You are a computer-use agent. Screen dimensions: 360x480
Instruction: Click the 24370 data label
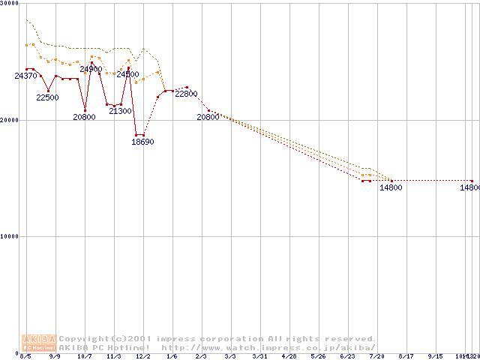click(25, 76)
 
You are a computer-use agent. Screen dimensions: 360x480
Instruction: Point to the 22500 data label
click(47, 97)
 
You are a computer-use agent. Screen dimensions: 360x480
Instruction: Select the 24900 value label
click(91, 69)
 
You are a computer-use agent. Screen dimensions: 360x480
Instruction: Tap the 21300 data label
click(120, 111)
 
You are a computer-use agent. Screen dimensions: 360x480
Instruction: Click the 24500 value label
click(127, 74)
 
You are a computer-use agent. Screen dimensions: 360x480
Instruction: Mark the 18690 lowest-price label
click(142, 141)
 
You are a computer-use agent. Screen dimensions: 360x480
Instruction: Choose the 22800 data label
click(186, 94)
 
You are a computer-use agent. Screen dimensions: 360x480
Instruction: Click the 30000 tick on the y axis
click(10, 4)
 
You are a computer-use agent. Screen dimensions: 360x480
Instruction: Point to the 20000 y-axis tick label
click(10, 120)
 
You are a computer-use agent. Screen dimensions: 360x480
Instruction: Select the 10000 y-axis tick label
click(10, 236)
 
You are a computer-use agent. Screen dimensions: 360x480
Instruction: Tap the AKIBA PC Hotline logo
click(39, 343)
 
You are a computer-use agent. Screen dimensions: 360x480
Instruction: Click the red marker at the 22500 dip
click(48, 91)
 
